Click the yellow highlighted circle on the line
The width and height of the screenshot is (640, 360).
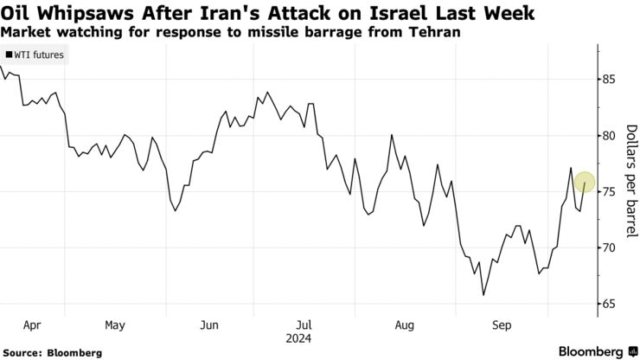[584, 182]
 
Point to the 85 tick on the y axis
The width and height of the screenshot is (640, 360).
[610, 80]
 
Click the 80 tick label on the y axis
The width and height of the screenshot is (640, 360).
[610, 136]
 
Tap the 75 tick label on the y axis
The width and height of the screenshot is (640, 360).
[610, 192]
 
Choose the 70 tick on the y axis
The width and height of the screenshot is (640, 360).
[610, 248]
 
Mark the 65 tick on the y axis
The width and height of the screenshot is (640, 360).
[610, 304]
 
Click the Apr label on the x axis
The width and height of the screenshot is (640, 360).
[32, 326]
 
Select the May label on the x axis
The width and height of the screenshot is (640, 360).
[114, 326]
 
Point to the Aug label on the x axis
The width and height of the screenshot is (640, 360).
[404, 326]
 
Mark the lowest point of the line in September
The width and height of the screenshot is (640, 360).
[483, 295]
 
